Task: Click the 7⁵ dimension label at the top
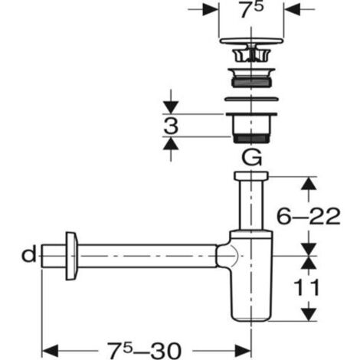click(x=251, y=10)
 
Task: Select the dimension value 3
click(x=171, y=126)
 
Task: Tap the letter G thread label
click(x=252, y=158)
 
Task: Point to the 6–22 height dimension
click(x=309, y=216)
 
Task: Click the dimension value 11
click(x=306, y=287)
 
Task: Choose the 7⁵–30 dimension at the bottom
click(x=144, y=351)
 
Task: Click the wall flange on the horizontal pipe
click(x=71, y=256)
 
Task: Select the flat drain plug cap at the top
click(x=251, y=41)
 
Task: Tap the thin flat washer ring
click(x=251, y=99)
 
